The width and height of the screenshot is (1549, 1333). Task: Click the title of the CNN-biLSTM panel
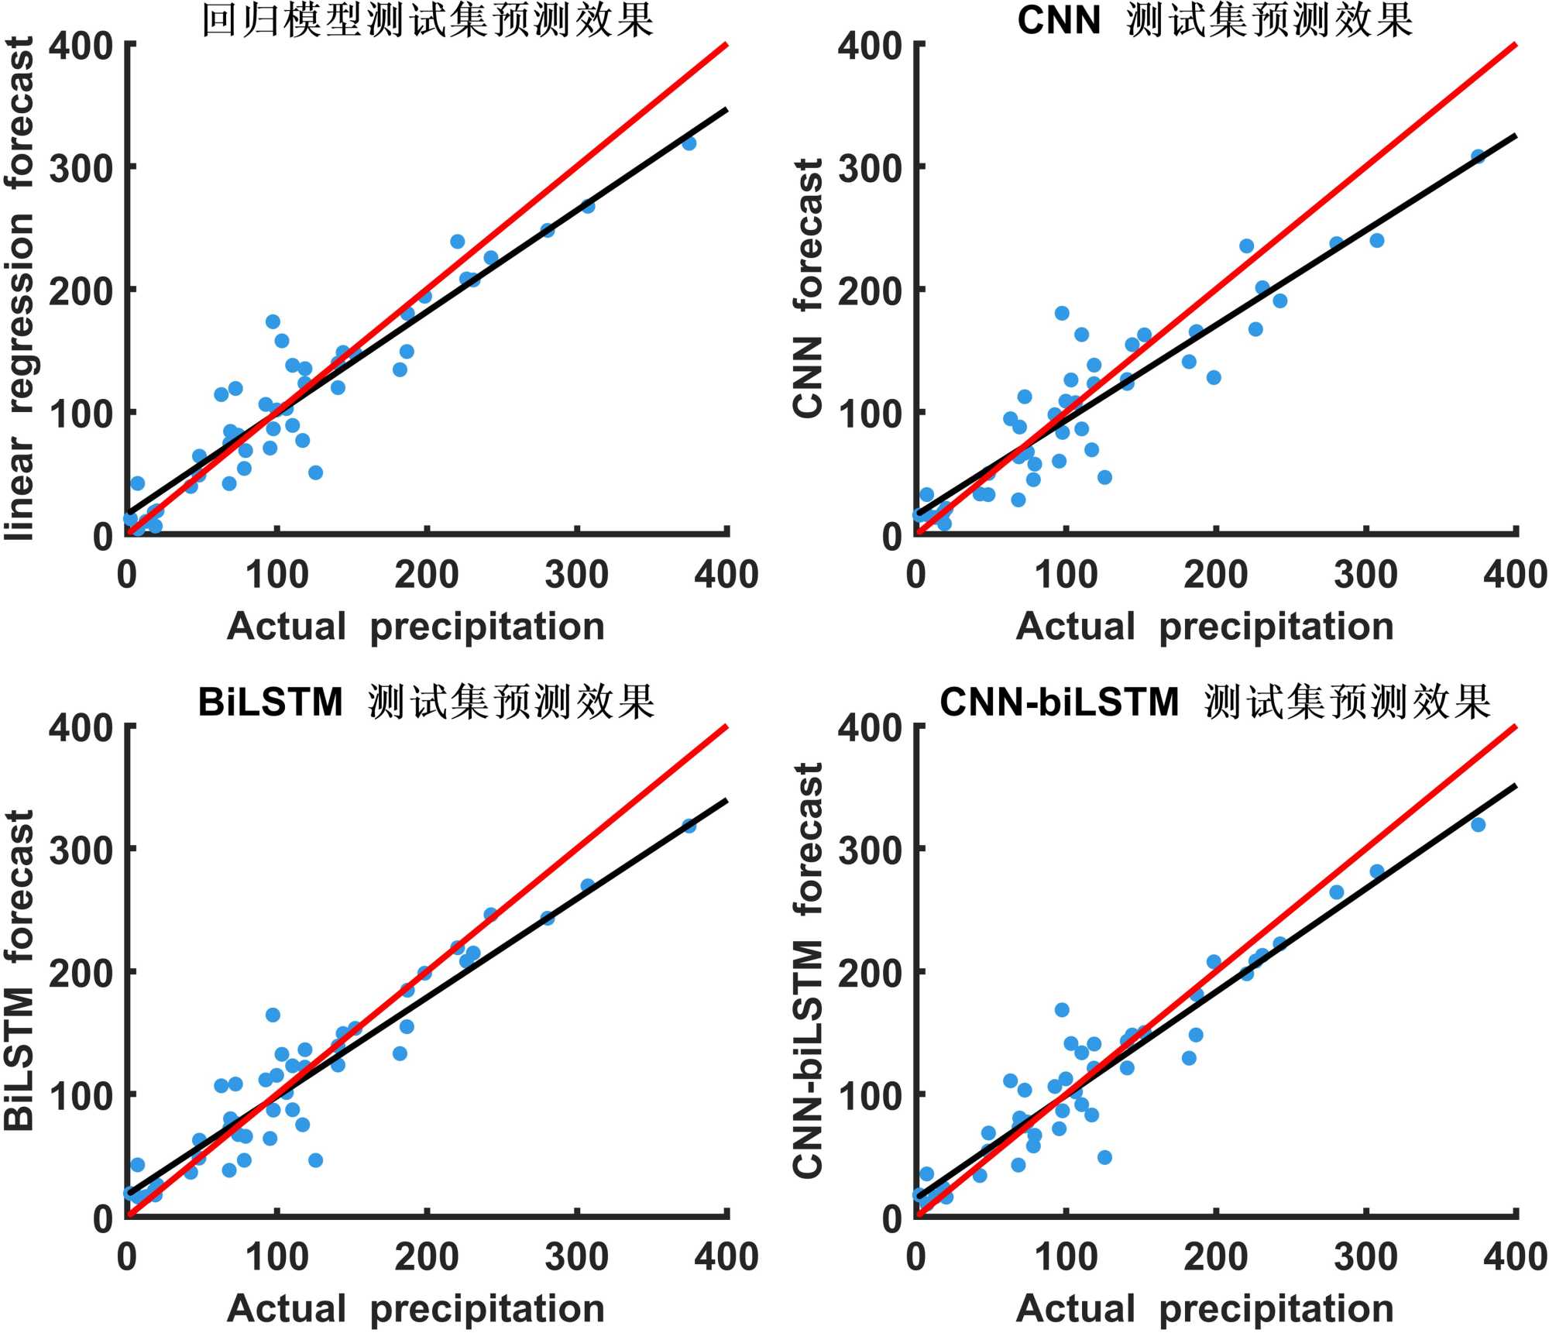pyautogui.click(x=1214, y=703)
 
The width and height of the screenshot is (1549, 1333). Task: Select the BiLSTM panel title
pyautogui.click(x=426, y=703)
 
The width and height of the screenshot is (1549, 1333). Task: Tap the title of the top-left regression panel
pyautogui.click(x=428, y=20)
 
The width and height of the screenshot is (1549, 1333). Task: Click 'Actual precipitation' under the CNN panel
pyautogui.click(x=1204, y=626)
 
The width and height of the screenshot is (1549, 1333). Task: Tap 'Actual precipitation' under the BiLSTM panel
pyautogui.click(x=416, y=1308)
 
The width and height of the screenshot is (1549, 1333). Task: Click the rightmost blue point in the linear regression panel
pyautogui.click(x=689, y=143)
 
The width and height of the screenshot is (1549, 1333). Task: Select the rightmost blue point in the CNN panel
pyautogui.click(x=1478, y=156)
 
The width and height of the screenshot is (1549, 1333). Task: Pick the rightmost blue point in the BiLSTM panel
pyautogui.click(x=689, y=826)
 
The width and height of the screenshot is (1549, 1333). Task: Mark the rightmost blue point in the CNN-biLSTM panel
pyautogui.click(x=1478, y=825)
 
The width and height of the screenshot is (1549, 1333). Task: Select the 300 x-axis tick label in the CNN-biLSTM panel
pyautogui.click(x=1365, y=1257)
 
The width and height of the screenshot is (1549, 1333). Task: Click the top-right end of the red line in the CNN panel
pyautogui.click(x=1515, y=45)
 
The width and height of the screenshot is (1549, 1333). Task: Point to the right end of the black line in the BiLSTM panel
pyautogui.click(x=726, y=800)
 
